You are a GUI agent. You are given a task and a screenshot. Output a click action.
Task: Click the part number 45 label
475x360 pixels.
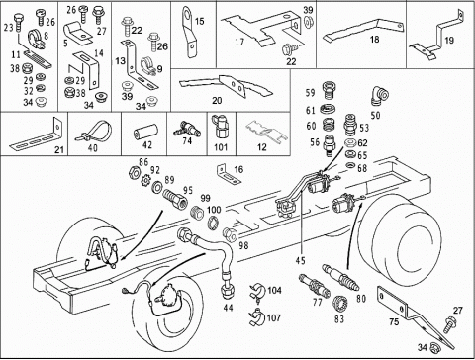300,261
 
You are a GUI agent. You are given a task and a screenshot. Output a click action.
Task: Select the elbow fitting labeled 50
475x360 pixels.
380,96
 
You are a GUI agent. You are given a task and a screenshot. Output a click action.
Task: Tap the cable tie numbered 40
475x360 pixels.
94,132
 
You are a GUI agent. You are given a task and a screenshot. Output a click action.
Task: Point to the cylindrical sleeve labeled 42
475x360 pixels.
145,131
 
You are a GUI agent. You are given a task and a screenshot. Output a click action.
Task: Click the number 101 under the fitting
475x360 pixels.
221,146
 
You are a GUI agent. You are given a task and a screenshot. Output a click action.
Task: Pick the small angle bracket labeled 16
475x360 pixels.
228,174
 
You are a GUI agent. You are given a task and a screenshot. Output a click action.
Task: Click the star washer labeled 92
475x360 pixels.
145,181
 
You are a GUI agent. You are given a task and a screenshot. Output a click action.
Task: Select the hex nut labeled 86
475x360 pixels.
134,172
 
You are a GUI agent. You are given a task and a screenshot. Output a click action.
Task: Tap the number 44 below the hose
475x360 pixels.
228,308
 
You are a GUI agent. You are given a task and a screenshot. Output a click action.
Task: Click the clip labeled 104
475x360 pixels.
257,291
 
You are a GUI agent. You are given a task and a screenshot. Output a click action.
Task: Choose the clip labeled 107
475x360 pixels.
257,316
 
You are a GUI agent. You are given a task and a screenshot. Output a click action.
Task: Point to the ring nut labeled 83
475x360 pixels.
339,303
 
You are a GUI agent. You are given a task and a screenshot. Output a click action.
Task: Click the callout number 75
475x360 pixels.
394,321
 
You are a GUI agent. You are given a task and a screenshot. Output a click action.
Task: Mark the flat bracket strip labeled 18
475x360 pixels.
363,30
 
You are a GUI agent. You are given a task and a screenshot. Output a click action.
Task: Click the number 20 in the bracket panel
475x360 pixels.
217,100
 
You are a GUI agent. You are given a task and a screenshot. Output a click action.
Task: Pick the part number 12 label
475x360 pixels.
261,146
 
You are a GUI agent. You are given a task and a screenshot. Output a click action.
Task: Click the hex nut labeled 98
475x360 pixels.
231,233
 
